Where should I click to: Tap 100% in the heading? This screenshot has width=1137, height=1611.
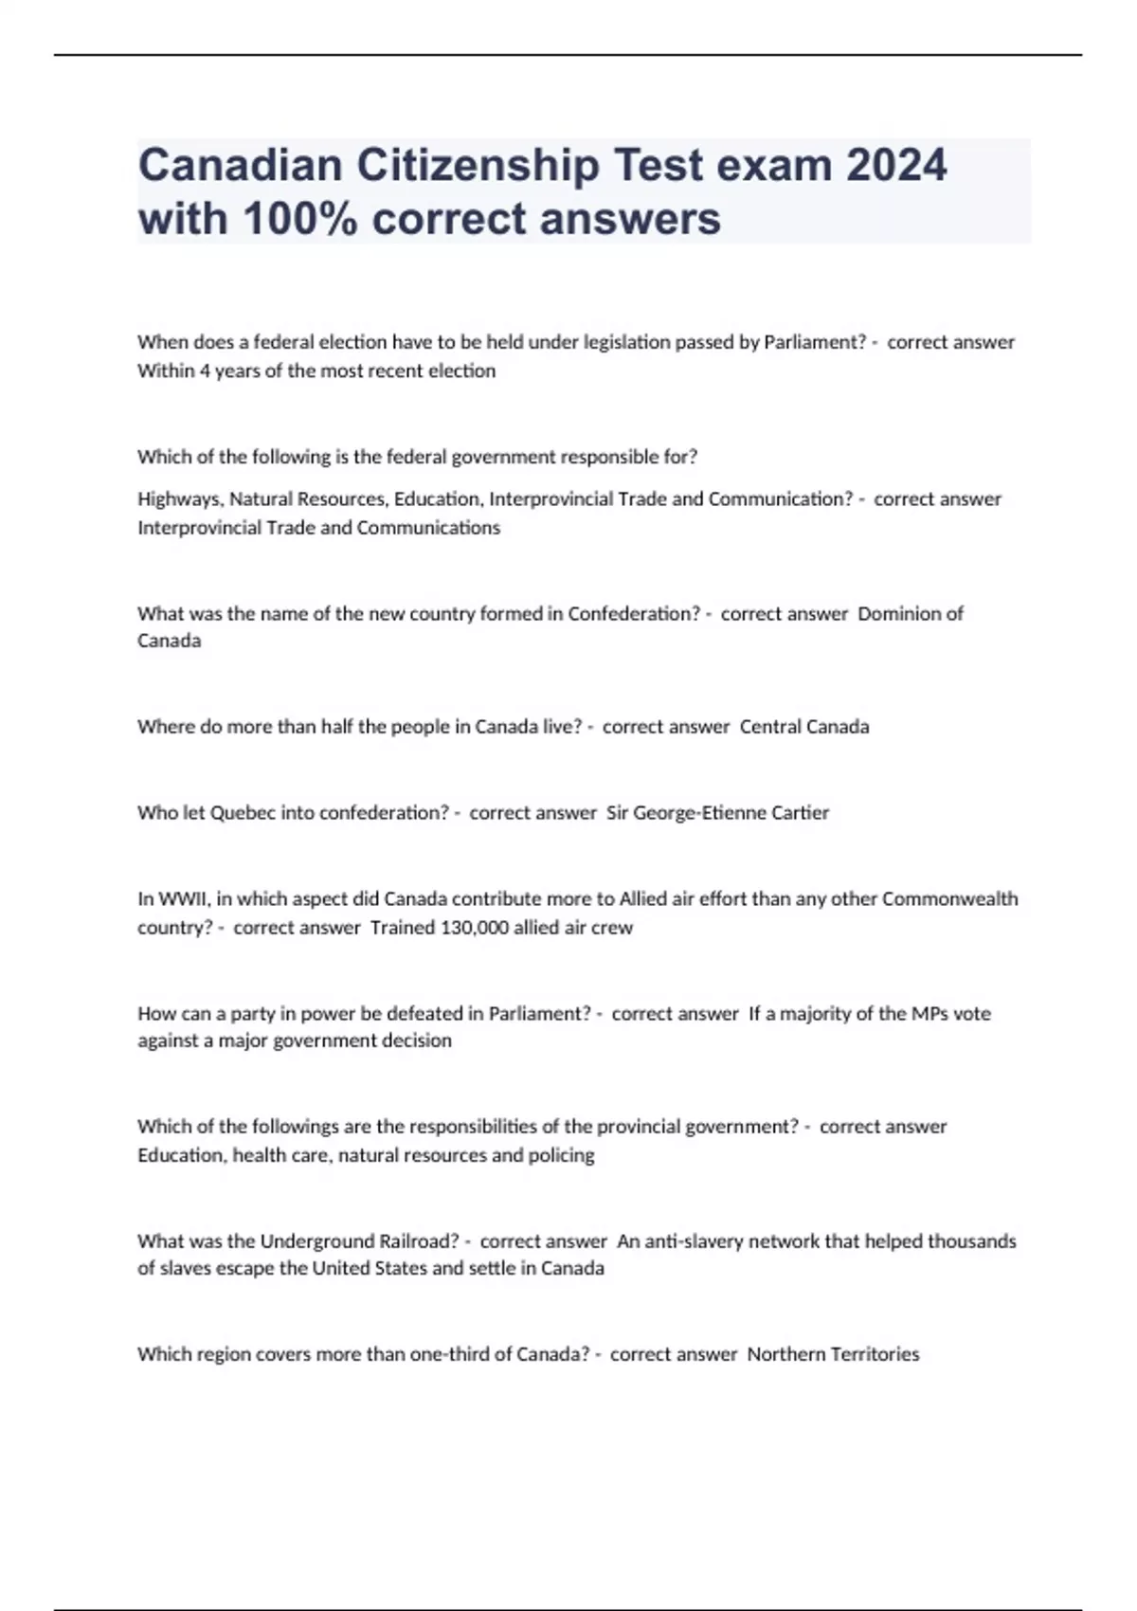(x=301, y=219)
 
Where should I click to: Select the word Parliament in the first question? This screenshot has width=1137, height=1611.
(x=814, y=342)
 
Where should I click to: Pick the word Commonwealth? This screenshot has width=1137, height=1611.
(x=949, y=899)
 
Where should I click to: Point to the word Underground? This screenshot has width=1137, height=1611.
(x=317, y=1241)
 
